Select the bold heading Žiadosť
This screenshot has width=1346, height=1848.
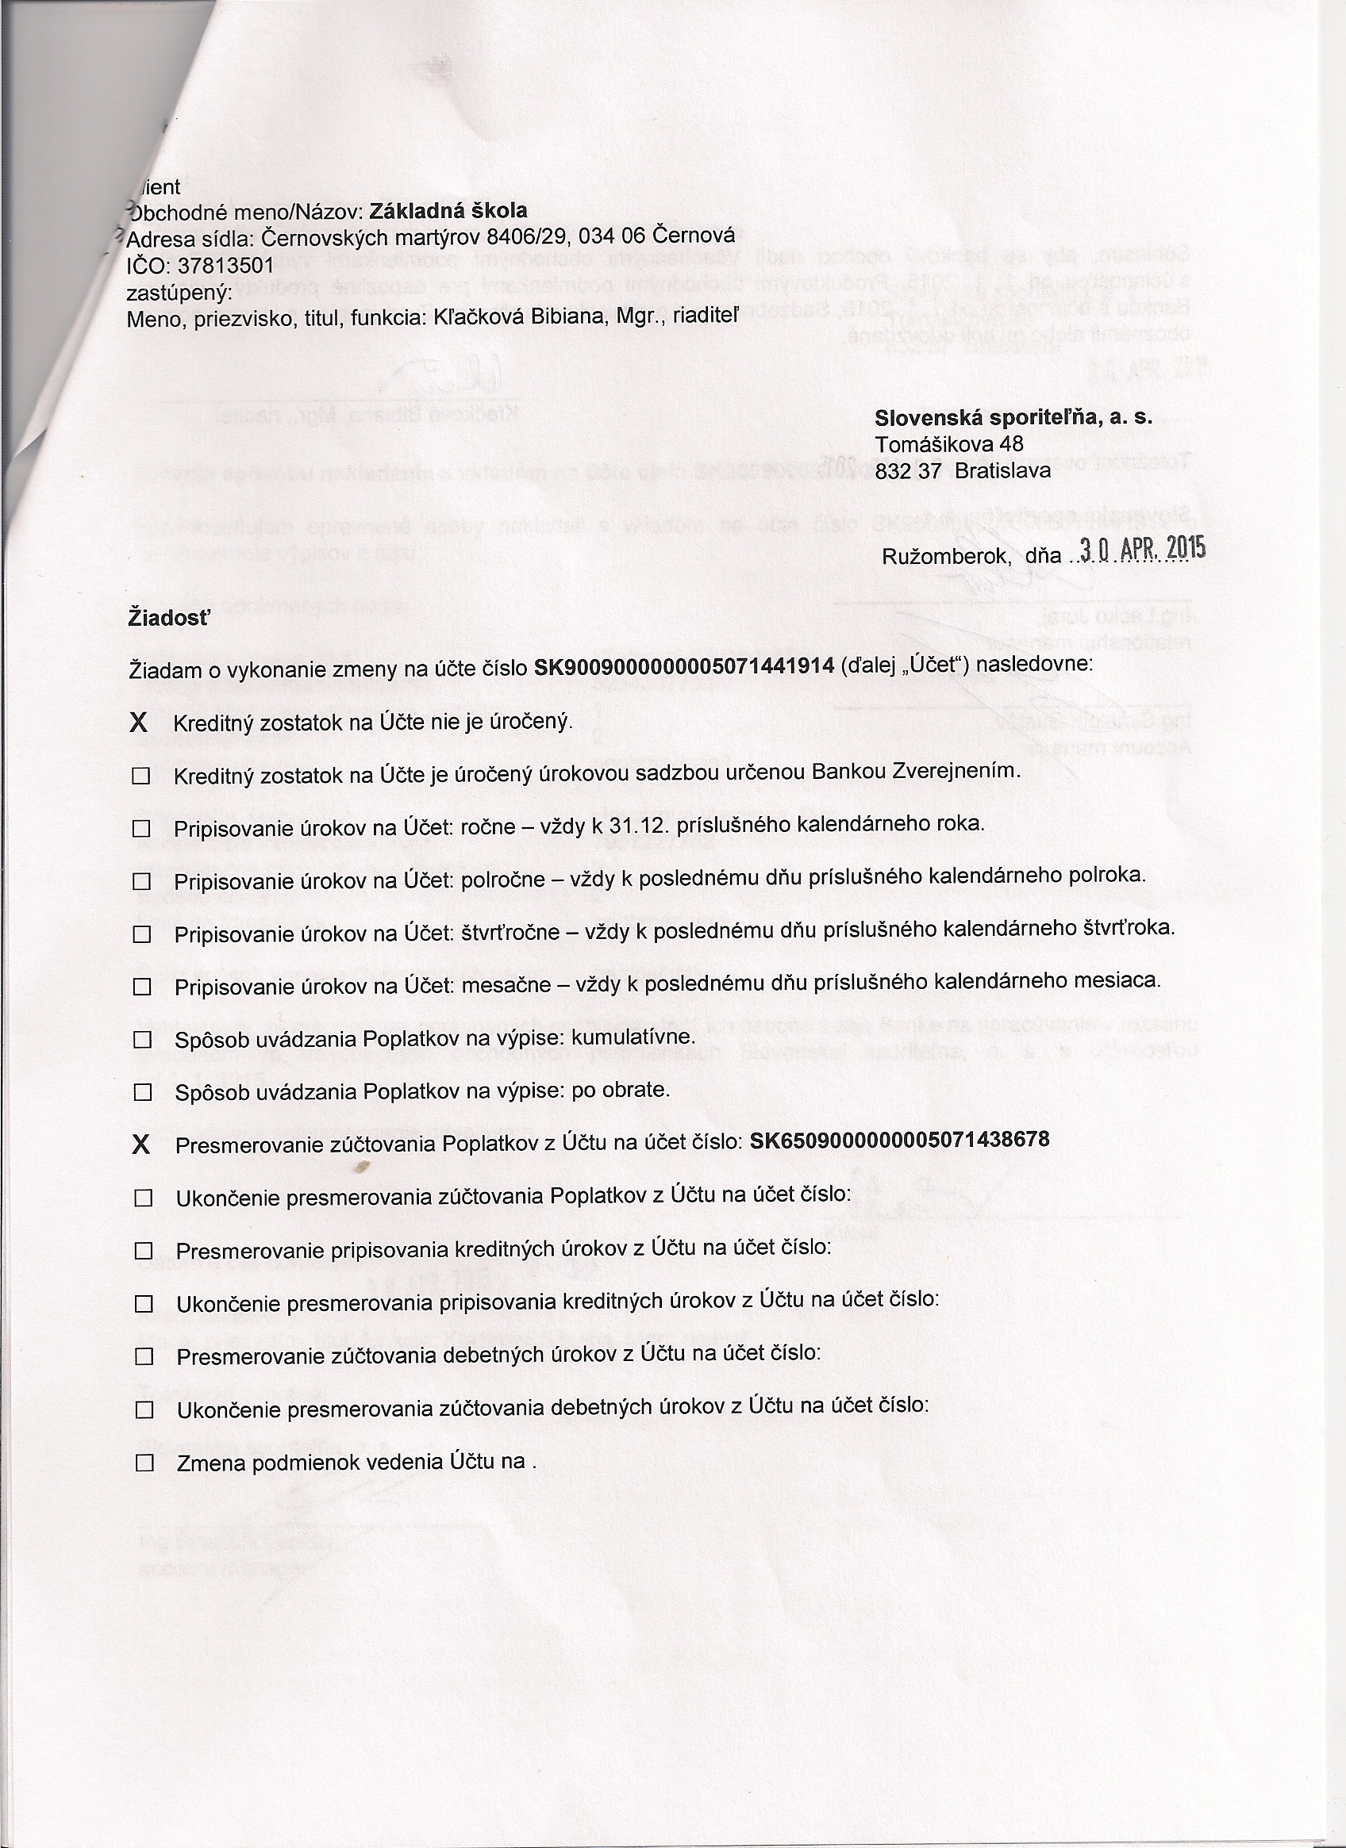tap(169, 618)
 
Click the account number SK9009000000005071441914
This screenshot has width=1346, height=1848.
tap(683, 666)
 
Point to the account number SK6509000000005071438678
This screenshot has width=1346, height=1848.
tap(898, 1139)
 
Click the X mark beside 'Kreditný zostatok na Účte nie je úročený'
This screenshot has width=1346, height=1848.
tap(140, 723)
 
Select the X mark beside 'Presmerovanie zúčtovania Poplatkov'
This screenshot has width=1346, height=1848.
tap(141, 1144)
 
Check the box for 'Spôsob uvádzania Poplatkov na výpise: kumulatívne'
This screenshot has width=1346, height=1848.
tap(143, 1040)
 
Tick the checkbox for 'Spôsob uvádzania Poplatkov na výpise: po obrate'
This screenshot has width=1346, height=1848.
tap(143, 1093)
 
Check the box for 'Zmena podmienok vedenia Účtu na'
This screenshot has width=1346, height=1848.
tap(144, 1463)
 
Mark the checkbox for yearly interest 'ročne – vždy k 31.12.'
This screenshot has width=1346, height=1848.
tap(142, 829)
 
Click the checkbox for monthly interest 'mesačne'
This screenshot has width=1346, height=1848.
tap(143, 987)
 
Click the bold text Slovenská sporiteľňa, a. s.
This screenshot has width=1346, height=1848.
tap(1013, 418)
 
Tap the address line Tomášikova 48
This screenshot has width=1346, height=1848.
tap(949, 444)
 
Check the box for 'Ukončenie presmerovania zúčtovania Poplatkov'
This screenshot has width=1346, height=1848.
tap(144, 1198)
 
